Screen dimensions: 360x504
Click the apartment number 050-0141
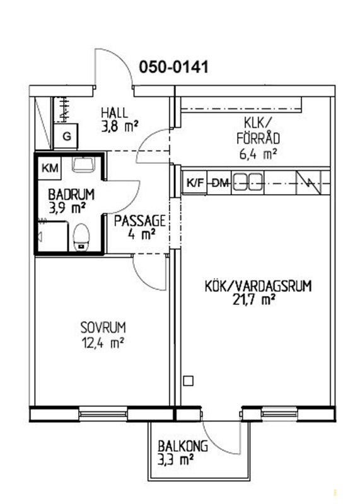click(174, 67)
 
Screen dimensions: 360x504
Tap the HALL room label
click(115, 113)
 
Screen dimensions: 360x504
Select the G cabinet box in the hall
click(66, 137)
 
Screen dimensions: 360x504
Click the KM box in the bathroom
click(50, 168)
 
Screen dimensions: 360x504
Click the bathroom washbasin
click(83, 164)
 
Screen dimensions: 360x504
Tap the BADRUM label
click(71, 195)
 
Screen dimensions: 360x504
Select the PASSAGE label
click(140, 221)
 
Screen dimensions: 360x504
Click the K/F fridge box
click(195, 183)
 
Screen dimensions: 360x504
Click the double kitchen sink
click(247, 181)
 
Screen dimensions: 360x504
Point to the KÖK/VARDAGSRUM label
click(258, 286)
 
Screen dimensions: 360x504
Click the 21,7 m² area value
click(254, 300)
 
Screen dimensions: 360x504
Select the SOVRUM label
click(103, 328)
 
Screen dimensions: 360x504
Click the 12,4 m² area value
click(103, 343)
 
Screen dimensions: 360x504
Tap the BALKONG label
click(183, 446)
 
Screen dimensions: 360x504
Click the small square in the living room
click(189, 381)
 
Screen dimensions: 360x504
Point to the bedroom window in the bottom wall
click(103, 413)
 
